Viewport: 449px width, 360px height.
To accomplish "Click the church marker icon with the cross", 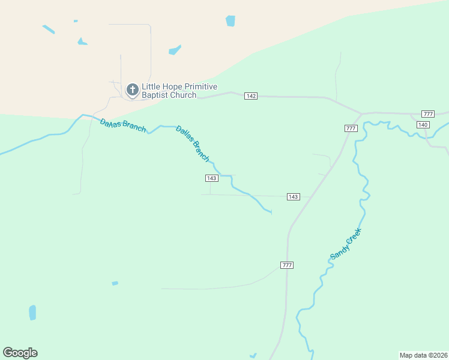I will pyautogui.click(x=132, y=91).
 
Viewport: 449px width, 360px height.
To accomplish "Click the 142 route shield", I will pyautogui.click(x=251, y=96).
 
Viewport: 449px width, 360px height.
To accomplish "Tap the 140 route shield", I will pyautogui.click(x=423, y=124).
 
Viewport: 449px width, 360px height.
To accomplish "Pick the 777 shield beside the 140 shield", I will pyautogui.click(x=428, y=114).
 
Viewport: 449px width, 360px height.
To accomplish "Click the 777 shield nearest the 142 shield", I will pyautogui.click(x=351, y=128).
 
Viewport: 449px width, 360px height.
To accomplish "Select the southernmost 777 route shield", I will pyautogui.click(x=287, y=265).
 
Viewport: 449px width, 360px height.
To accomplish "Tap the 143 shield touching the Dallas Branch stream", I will pyautogui.click(x=211, y=178).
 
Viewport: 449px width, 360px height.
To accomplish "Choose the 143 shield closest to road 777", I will pyautogui.click(x=293, y=197).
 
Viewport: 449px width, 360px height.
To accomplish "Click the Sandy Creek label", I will pyautogui.click(x=346, y=244).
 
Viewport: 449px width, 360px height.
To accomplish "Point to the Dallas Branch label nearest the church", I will pyautogui.click(x=122, y=126).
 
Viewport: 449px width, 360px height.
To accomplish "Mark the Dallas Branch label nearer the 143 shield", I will pyautogui.click(x=193, y=143).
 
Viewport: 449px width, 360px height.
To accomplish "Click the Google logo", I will pyautogui.click(x=20, y=353).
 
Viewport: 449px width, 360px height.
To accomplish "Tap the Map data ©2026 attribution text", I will pyautogui.click(x=423, y=355).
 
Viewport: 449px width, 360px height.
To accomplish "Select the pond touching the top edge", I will pyautogui.click(x=231, y=21).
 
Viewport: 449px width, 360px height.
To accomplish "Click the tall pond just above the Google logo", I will pyautogui.click(x=32, y=313).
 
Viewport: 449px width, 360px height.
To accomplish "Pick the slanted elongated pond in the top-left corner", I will pyautogui.click(x=49, y=29).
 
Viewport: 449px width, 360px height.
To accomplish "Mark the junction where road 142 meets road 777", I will pyautogui.click(x=361, y=113).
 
